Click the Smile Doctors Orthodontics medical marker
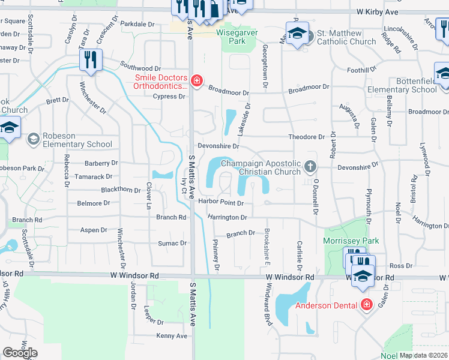(x=196, y=80)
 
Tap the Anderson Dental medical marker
(x=366, y=305)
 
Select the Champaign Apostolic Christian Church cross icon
(x=310, y=166)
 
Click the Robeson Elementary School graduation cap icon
(x=33, y=140)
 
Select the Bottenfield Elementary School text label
(x=416, y=85)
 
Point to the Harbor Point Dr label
(x=221, y=203)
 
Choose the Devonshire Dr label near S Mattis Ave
(x=218, y=146)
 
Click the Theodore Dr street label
(x=306, y=137)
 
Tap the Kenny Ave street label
(x=172, y=336)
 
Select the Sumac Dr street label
(x=172, y=243)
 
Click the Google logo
(x=20, y=353)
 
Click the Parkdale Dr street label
(x=137, y=24)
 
